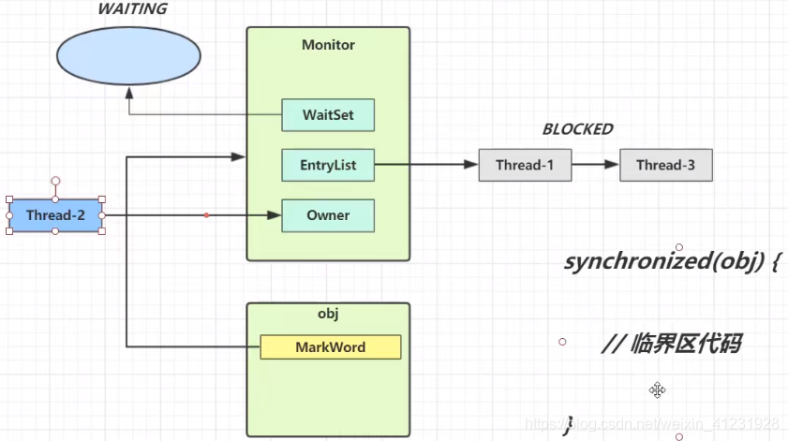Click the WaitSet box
[328, 115]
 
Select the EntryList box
[328, 165]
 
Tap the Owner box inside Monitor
[328, 215]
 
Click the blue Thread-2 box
[55, 215]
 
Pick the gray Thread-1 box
[525, 165]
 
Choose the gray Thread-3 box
[666, 165]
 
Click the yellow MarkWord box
[330, 347]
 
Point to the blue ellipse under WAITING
[128, 56]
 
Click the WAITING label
[132, 9]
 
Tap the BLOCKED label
[577, 129]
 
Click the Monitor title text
[328, 45]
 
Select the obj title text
[328, 314]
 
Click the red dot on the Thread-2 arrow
[206, 215]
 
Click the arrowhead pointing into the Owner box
[274, 215]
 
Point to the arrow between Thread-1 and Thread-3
[596, 164]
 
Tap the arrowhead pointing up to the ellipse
[129, 93]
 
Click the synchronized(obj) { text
[673, 261]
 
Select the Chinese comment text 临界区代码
[686, 344]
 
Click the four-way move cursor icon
[657, 390]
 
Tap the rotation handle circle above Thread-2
[55, 181]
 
